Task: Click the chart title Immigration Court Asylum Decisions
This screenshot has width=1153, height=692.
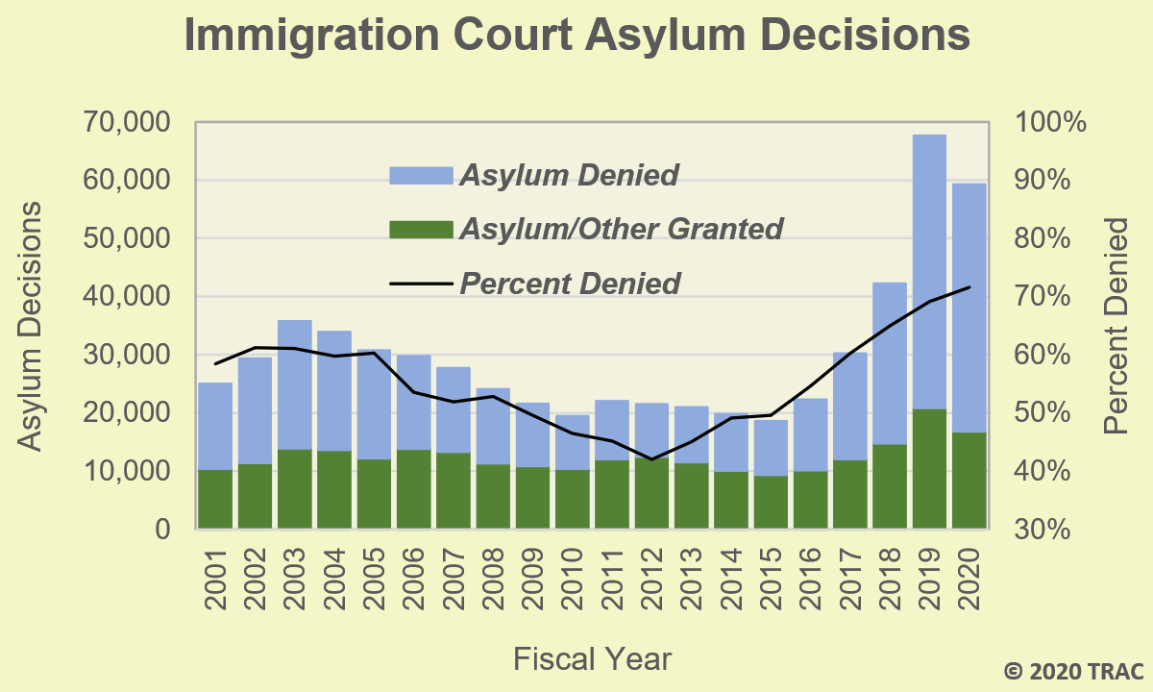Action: pyautogui.click(x=576, y=36)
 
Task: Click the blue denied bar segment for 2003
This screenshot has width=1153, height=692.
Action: pyautogui.click(x=295, y=384)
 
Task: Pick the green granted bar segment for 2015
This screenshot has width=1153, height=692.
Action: pyautogui.click(x=771, y=502)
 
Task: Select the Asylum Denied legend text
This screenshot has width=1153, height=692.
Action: pyautogui.click(x=569, y=175)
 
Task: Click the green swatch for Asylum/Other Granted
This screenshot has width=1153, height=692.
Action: pyautogui.click(x=420, y=230)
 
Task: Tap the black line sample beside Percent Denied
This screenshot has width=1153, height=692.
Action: pyautogui.click(x=420, y=284)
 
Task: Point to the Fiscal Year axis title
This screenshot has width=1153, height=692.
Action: pyautogui.click(x=592, y=659)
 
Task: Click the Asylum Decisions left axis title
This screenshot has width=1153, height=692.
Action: pyautogui.click(x=31, y=326)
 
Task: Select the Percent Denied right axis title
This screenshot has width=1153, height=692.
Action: pyautogui.click(x=1116, y=326)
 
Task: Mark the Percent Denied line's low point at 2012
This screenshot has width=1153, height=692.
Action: pyautogui.click(x=652, y=459)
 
